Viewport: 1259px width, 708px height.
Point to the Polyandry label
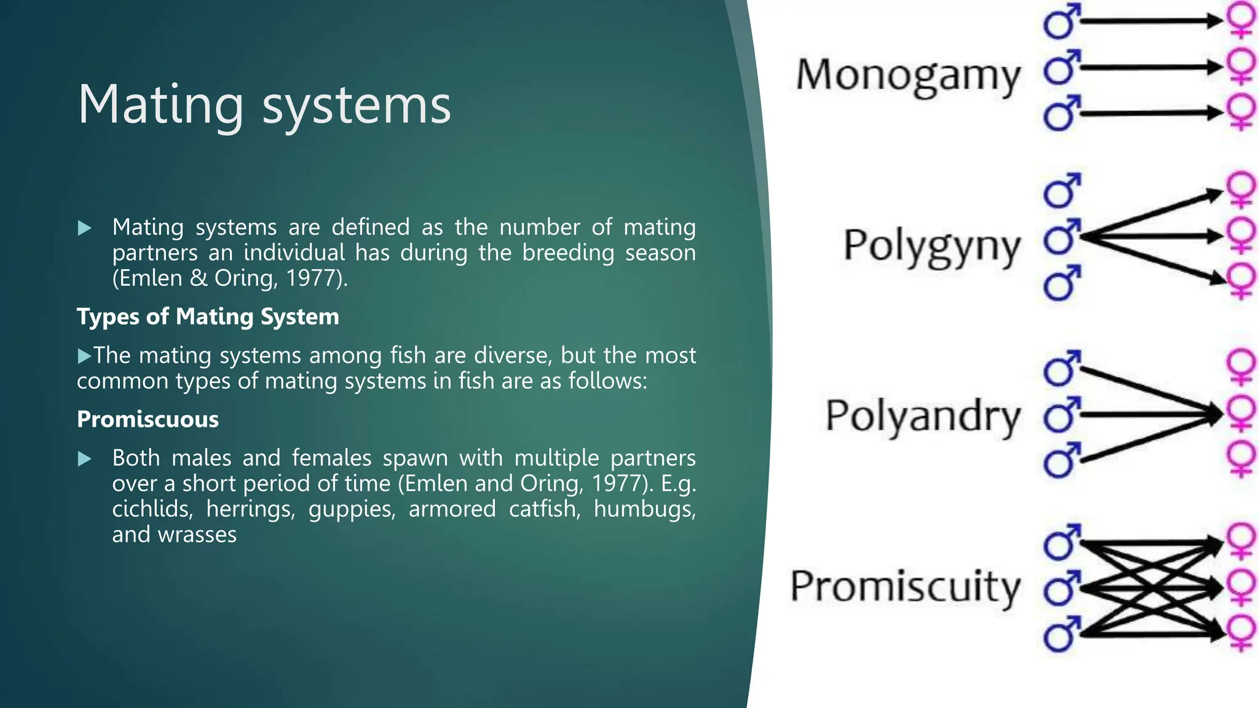pyautogui.click(x=922, y=416)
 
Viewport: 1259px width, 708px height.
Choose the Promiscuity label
pyautogui.click(x=905, y=586)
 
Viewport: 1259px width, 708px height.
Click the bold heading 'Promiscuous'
pyautogui.click(x=148, y=419)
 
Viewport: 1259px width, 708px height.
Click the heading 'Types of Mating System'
pyautogui.click(x=208, y=317)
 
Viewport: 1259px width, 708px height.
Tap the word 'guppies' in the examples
pyautogui.click(x=352, y=509)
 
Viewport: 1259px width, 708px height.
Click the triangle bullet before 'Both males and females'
pyautogui.click(x=85, y=458)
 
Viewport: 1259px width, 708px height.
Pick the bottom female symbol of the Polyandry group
pyautogui.click(x=1241, y=459)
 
